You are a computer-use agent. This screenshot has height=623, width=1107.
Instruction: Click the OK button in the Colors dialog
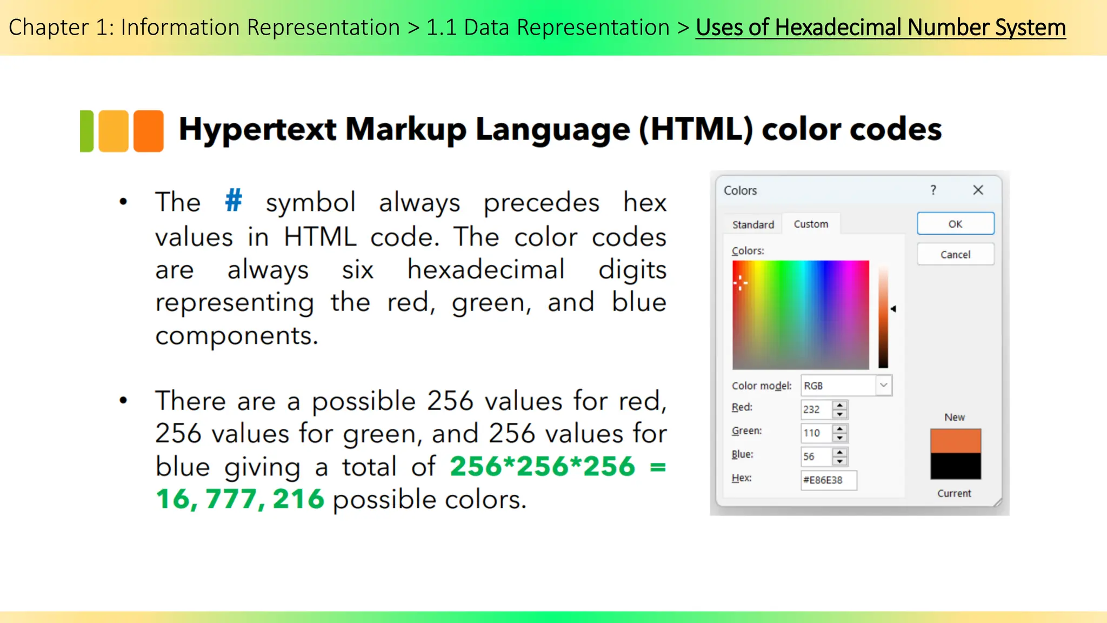pyautogui.click(x=955, y=224)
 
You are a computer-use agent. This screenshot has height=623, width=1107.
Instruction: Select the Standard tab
pyautogui.click(x=753, y=224)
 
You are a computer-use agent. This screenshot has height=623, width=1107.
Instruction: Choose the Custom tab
pyautogui.click(x=811, y=224)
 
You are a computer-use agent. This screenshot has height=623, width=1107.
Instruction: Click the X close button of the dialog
pyautogui.click(x=978, y=190)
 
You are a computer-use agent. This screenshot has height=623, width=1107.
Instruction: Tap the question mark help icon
pyautogui.click(x=933, y=190)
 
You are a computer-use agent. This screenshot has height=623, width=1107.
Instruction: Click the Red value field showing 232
pyautogui.click(x=816, y=409)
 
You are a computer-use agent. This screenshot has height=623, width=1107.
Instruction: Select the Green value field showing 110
pyautogui.click(x=816, y=433)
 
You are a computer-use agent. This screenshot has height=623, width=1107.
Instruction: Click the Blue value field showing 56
pyautogui.click(x=816, y=456)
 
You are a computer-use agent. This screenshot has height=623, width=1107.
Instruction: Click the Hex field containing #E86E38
pyautogui.click(x=828, y=480)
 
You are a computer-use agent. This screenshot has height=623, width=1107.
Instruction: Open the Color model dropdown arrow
pyautogui.click(x=883, y=386)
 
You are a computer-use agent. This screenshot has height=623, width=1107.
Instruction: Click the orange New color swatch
pyautogui.click(x=955, y=441)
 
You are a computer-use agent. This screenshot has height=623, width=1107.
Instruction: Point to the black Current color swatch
pyautogui.click(x=955, y=466)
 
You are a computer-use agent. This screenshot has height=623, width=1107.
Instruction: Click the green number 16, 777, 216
pyautogui.click(x=240, y=499)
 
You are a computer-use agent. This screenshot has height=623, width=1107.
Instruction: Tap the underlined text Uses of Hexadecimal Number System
pyautogui.click(x=881, y=28)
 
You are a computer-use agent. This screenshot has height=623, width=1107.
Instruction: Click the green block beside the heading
pyautogui.click(x=86, y=131)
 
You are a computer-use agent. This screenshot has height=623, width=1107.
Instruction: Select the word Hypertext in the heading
pyautogui.click(x=258, y=130)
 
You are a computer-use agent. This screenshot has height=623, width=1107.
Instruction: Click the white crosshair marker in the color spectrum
pyautogui.click(x=740, y=282)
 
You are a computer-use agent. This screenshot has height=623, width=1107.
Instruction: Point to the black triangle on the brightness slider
pyautogui.click(x=893, y=309)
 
